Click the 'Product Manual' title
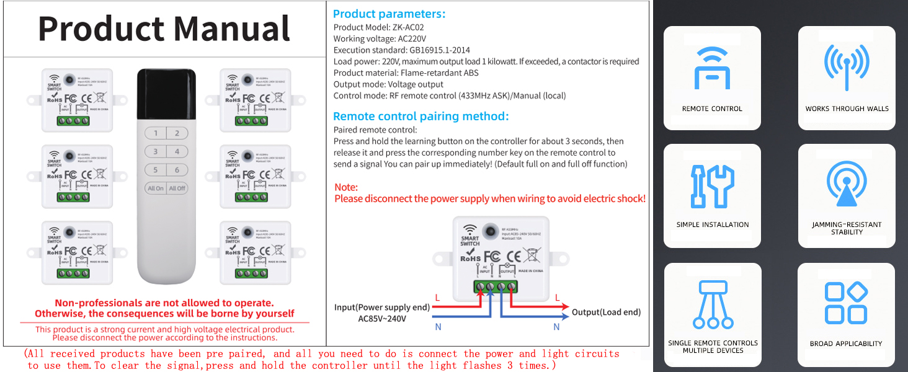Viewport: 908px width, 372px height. point(164,29)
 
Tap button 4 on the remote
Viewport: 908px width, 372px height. point(177,151)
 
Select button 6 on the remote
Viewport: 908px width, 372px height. point(177,170)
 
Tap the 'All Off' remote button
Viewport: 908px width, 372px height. point(177,188)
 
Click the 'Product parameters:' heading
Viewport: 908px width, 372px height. point(389,14)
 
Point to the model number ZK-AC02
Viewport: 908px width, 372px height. point(407,27)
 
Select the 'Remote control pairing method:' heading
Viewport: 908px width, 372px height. point(421,116)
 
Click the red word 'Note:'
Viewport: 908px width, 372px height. point(346,187)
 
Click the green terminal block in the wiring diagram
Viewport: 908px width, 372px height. point(496,286)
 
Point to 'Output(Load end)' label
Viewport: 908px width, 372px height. point(606,312)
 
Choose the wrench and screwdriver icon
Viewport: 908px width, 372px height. point(712,186)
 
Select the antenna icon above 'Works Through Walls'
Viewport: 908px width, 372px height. point(847,68)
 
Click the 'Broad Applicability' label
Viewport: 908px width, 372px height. point(846,343)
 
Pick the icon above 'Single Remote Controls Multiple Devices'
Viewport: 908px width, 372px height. point(712,304)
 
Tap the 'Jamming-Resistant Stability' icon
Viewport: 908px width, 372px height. point(847,184)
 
